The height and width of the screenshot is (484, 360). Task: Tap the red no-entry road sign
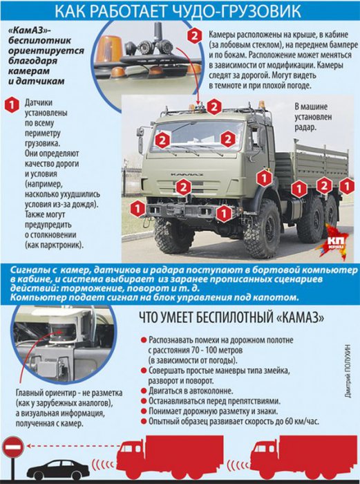click(x=13, y=449)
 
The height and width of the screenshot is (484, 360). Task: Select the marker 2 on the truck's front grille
click(x=182, y=187)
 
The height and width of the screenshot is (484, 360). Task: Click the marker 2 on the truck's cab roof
click(x=214, y=106)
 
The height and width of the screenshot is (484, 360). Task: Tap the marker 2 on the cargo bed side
click(x=324, y=185)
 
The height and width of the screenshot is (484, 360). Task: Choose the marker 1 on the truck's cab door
click(x=263, y=178)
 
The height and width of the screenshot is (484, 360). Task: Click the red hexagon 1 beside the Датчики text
click(x=10, y=105)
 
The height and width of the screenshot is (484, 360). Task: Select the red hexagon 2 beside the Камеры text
click(x=196, y=37)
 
